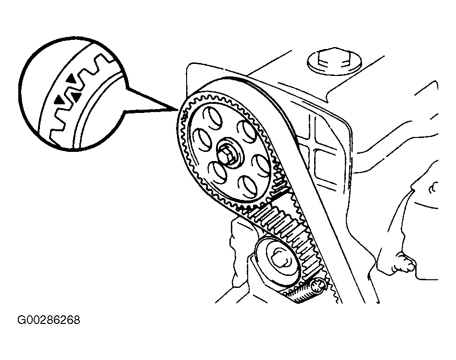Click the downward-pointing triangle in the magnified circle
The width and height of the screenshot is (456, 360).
76,98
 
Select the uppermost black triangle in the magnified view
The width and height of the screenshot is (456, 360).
71,77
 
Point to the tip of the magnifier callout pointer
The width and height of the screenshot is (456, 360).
178,110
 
